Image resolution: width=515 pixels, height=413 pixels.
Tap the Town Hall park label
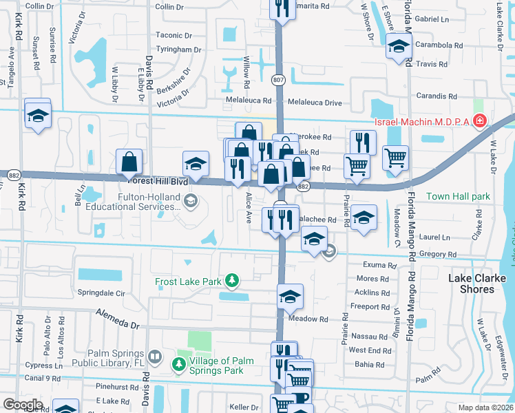click(458, 196)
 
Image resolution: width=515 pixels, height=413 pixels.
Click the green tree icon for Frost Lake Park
click(233, 279)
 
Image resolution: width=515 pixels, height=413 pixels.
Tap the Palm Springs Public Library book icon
click(156, 357)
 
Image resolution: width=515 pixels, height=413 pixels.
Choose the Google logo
click(23, 404)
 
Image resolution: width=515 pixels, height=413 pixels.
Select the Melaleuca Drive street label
click(314, 103)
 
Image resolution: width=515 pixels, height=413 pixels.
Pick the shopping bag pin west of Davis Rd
click(129, 163)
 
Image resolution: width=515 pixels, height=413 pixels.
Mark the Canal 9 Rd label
click(41, 378)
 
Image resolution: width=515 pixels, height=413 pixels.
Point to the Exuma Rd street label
click(383, 265)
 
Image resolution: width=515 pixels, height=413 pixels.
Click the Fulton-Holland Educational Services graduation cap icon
click(191, 200)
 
